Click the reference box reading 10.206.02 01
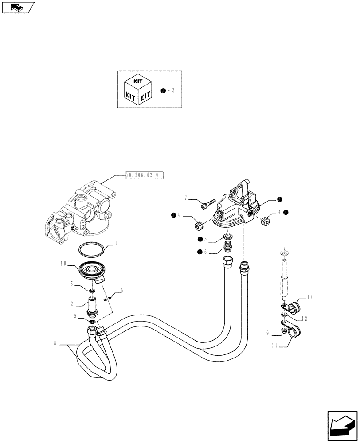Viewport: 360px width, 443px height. [145, 176]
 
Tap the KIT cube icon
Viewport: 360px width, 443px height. [137, 89]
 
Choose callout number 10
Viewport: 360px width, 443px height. [64, 264]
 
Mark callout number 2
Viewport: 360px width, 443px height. [71, 304]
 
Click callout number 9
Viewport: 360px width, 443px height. [268, 333]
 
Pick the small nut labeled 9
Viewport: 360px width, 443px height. [283, 331]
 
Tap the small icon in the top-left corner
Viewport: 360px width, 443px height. [18, 7]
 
